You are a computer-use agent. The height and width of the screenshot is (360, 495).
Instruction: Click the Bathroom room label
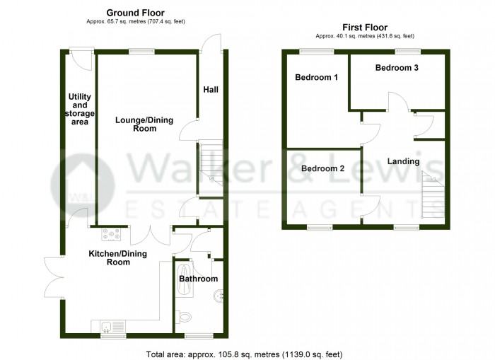pos(198,279)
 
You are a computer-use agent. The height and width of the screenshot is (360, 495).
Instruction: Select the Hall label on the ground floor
pos(211,90)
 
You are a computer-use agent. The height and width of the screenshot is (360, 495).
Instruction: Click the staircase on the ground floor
pos(210,163)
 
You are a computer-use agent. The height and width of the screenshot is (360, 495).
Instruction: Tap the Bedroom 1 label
pos(315,77)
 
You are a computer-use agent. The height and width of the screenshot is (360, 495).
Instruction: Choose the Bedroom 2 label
pos(322,168)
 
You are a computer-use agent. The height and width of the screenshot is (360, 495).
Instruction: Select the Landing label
pos(403,161)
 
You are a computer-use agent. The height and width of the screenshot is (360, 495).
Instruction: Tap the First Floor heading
pos(365,26)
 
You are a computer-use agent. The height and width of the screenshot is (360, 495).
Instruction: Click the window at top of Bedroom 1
pos(315,51)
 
